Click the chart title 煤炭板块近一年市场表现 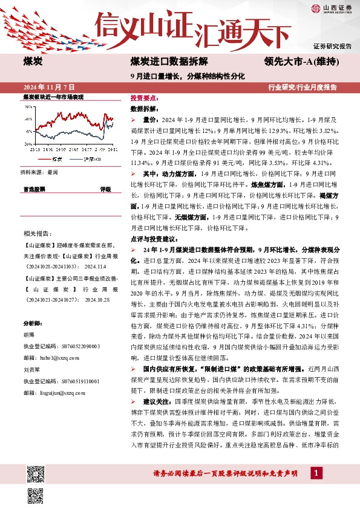tap(53, 97)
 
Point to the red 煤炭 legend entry tap(54, 158)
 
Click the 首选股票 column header tap(34, 189)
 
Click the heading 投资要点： tap(145, 97)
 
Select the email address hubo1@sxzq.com tap(50, 358)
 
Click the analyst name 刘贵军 tap(31, 369)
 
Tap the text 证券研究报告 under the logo tap(333, 46)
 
